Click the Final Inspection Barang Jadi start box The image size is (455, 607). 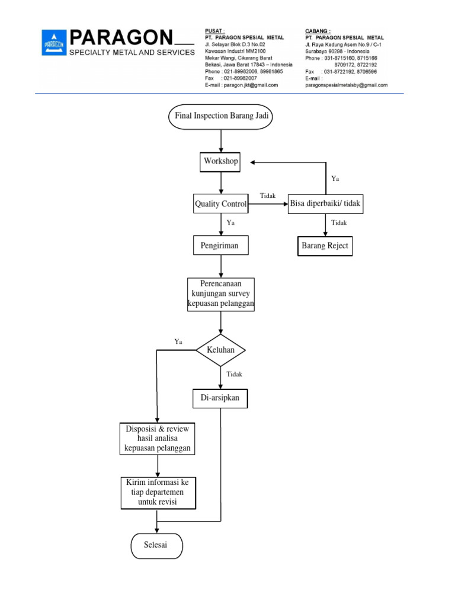(221, 116)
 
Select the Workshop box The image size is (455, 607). (221, 161)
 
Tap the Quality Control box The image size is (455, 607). (220, 205)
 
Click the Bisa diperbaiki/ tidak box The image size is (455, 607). (325, 205)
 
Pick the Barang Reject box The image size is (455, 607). (325, 246)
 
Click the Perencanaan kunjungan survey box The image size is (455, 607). (221, 294)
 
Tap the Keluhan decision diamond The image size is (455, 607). (220, 350)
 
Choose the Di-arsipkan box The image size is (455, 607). (220, 398)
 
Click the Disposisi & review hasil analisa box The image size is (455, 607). (158, 439)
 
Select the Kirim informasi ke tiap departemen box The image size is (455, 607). (158, 493)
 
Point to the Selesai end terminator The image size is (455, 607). (156, 545)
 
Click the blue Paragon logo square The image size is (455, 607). (53, 43)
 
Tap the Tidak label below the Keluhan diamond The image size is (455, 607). (234, 374)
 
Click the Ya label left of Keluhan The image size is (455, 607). (178, 341)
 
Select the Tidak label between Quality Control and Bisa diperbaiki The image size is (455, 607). (268, 196)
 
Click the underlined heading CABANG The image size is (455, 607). (318, 31)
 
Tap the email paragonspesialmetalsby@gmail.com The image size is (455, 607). (346, 85)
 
